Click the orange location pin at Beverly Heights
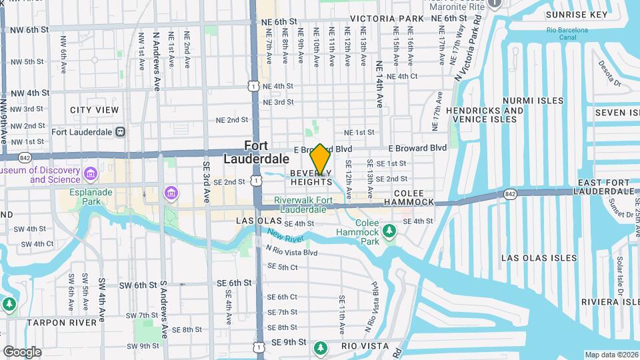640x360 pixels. (321, 159)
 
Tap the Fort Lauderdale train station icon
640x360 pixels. (120, 132)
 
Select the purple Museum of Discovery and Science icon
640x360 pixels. (91, 175)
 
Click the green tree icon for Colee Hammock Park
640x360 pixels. (389, 231)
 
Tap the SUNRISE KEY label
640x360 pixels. (576, 15)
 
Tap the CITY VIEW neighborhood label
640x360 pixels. (94, 110)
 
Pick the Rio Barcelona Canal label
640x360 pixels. (567, 35)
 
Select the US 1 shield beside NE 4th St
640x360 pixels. (252, 85)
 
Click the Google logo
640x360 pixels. (22, 351)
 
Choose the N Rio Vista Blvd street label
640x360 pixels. (291, 253)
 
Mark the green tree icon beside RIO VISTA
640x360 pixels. (321, 347)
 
